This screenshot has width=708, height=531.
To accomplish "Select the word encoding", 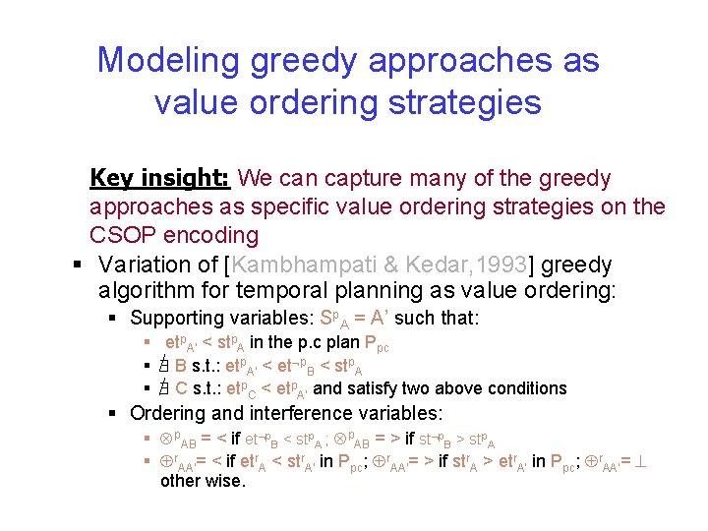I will pyautogui.click(x=211, y=236).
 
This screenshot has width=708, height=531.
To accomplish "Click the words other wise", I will pyautogui.click(x=203, y=482).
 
